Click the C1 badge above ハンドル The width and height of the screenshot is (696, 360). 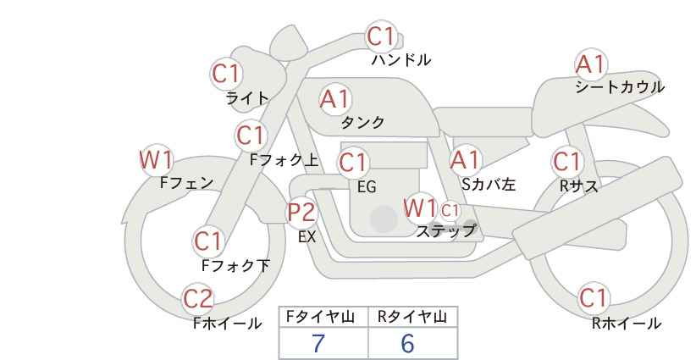point(382,36)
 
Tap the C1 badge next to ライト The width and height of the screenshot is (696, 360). point(226,74)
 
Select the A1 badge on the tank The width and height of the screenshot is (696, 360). point(334,99)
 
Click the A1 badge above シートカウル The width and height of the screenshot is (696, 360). point(590,64)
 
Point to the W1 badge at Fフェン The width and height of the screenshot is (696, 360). point(156,159)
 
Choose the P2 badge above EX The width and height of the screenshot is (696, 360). point(301,212)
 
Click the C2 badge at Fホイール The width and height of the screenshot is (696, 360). point(199,298)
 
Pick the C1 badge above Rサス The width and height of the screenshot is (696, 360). point(567,161)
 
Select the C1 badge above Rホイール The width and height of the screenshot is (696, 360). point(593,298)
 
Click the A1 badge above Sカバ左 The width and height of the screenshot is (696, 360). point(465,159)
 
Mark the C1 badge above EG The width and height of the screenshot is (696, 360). point(354,161)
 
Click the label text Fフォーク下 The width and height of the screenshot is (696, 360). point(235,266)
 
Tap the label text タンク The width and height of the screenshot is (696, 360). point(362,123)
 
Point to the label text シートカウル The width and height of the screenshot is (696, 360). point(619,87)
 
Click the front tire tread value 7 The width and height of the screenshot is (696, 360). point(318,343)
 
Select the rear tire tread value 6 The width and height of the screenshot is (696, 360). point(407,343)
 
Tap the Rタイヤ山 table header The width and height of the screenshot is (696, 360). point(412,317)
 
